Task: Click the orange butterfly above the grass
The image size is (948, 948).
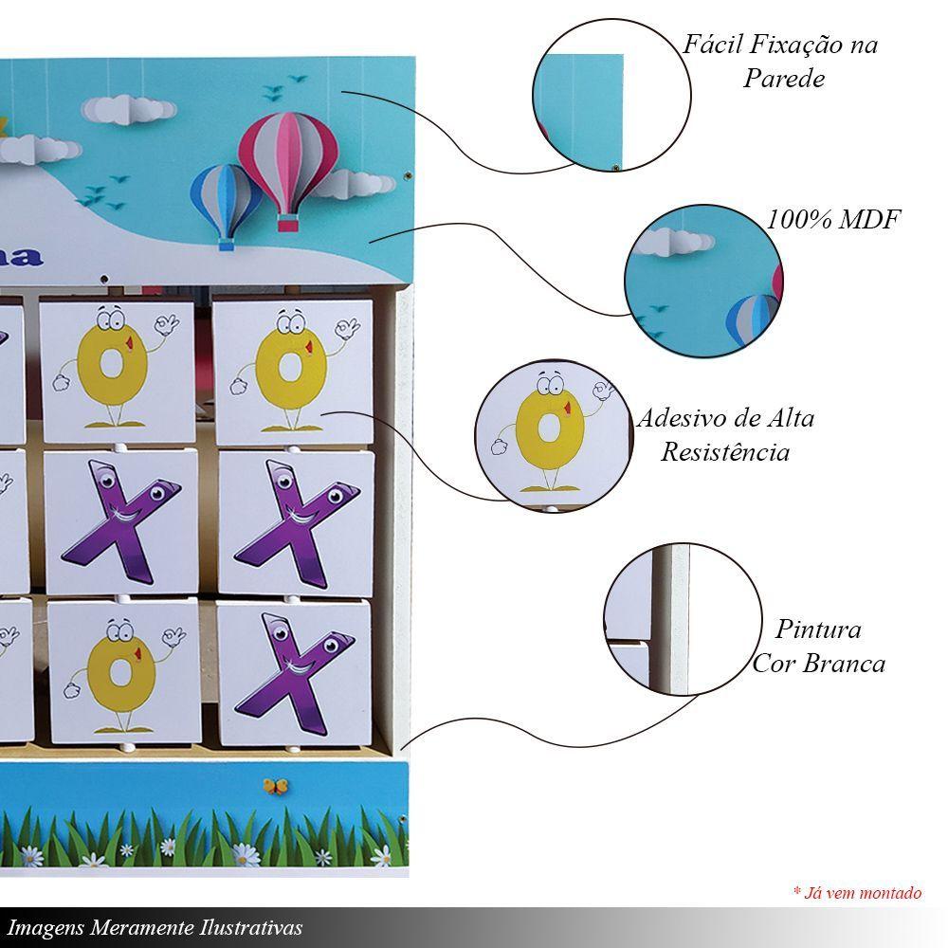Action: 276,786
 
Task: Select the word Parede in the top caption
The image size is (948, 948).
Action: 784,79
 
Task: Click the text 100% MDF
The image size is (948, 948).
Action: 834,219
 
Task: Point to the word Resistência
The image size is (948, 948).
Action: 725,451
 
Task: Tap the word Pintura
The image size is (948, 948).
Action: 819,629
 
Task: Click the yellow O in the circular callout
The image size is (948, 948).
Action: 549,429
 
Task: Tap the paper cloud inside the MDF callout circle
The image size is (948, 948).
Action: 675,241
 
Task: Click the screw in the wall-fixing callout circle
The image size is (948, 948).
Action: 615,167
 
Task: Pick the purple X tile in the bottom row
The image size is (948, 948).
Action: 295,673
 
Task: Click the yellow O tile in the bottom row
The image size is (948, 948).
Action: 124,672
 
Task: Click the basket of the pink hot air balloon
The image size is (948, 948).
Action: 288,224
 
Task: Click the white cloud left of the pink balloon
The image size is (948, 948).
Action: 129,110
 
